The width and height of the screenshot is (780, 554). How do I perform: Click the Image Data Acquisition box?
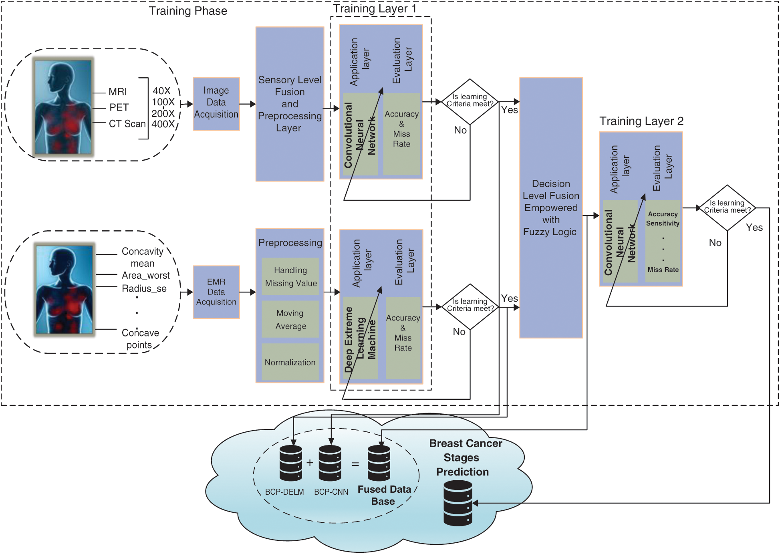coord(216,103)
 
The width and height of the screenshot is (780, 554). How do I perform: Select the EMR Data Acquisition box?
coord(216,292)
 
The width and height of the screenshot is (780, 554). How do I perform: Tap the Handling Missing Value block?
coord(290,276)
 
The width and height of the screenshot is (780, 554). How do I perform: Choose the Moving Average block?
coord(290,319)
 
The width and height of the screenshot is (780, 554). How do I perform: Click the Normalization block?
coord(290,362)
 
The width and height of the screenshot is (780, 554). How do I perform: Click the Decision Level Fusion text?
coord(551,207)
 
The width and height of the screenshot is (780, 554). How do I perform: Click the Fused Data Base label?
coord(384,495)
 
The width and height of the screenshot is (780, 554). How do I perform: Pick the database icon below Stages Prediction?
coord(458,503)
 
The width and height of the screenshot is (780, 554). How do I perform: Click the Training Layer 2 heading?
coord(641,121)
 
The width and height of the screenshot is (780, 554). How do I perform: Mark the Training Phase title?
coord(188,11)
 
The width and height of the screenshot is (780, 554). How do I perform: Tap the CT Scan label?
coord(127,124)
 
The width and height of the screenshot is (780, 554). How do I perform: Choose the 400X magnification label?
coord(163,124)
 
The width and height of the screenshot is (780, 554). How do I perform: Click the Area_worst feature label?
coord(145,276)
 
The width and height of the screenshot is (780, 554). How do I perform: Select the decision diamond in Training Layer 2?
coord(727,207)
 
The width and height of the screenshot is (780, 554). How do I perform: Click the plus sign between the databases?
coord(310,463)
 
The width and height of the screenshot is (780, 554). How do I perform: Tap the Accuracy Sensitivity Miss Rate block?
coord(663,242)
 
